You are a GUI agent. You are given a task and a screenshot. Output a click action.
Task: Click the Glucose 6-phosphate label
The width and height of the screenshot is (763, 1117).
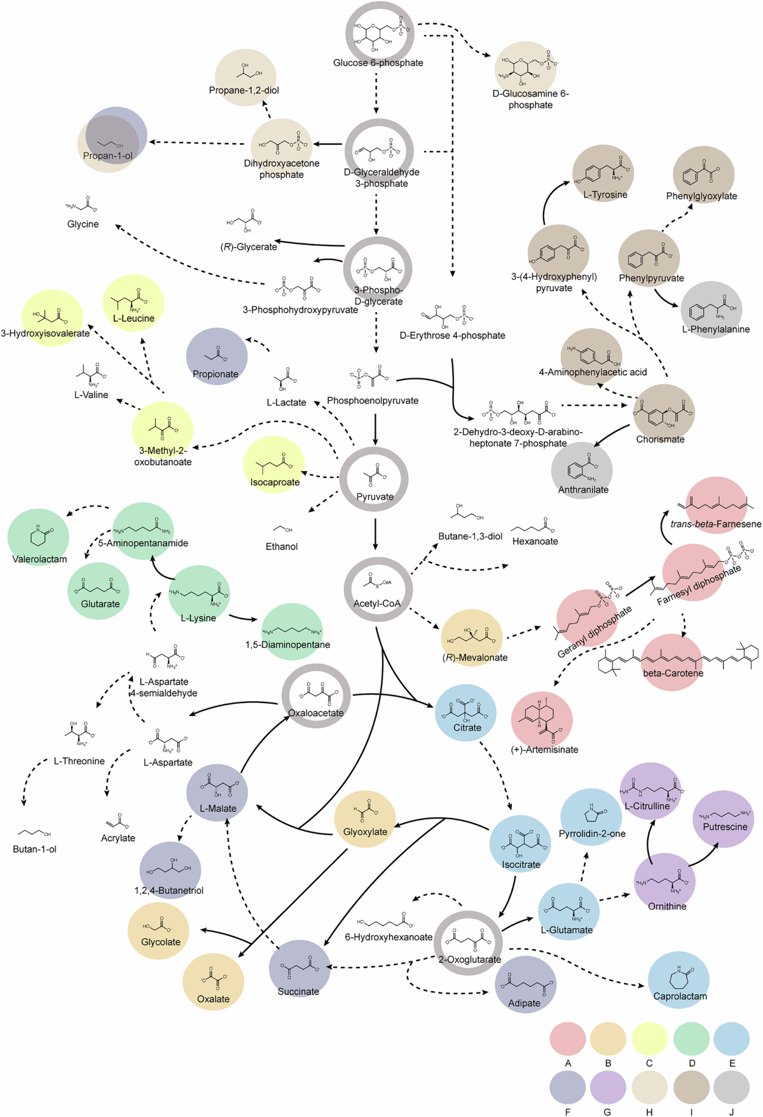point(378,63)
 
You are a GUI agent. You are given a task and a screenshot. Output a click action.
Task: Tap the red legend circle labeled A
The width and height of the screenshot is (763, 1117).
point(567,1038)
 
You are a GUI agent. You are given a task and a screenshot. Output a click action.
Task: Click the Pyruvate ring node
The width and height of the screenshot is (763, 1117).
point(374,479)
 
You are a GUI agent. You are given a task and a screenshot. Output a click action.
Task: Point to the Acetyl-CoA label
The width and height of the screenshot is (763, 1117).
point(377,603)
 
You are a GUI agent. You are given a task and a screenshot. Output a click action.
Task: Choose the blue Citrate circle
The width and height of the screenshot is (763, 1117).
point(466,713)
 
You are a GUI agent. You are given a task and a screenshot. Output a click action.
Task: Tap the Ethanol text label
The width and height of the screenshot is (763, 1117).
point(282,546)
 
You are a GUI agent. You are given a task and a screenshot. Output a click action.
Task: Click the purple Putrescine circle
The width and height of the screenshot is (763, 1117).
point(724,819)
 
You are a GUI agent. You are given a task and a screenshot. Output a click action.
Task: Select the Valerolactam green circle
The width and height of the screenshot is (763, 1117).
point(39,537)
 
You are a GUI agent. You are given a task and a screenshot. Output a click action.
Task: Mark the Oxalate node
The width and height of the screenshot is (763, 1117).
point(213,983)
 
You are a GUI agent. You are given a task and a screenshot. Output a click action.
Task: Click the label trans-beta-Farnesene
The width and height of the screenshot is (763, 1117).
point(715,524)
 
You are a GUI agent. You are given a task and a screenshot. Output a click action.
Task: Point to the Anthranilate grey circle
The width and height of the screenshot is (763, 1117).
point(582,470)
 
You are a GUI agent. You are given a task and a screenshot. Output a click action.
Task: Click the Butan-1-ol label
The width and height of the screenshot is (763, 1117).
point(34,849)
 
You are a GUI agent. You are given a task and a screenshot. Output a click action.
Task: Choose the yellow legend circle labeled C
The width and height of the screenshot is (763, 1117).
point(649,1038)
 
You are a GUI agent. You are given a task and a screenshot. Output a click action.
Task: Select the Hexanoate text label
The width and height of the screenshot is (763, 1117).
point(535,541)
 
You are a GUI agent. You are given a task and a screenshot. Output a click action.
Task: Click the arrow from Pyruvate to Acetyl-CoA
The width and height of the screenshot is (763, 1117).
point(375,534)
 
